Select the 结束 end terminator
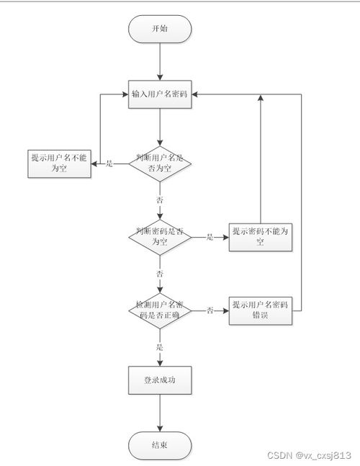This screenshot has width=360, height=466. coord(160,445)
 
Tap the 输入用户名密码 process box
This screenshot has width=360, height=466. coord(160,94)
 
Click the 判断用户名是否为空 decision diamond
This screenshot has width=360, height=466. coord(160,163)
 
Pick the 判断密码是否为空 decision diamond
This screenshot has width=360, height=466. coord(160,237)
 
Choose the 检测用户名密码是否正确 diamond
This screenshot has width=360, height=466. coord(160,310)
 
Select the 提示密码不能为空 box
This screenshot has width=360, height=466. coord(260,237)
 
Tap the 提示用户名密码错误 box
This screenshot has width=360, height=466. coord(260,310)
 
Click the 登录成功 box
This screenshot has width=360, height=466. coord(160,380)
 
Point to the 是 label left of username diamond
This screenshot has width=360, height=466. coord(110,163)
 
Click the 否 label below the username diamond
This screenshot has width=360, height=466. coord(160,199)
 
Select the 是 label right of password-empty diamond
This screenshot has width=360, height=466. coord(210,237)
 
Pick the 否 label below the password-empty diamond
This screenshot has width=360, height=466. coord(160,274)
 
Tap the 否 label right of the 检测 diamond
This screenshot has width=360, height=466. coord(210,310)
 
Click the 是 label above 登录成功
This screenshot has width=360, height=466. coord(160,347)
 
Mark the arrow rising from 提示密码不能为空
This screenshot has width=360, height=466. coord(260,158)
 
